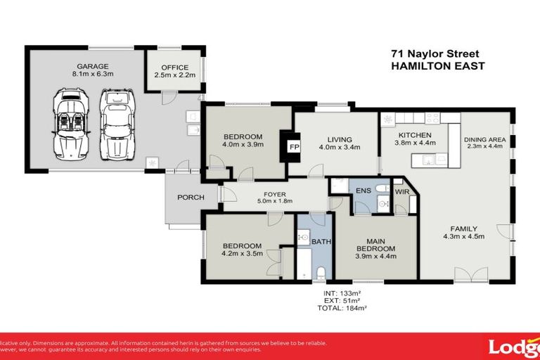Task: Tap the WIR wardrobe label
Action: (401, 191)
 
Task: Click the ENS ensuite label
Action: (364, 191)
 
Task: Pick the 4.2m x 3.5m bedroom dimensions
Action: (242, 253)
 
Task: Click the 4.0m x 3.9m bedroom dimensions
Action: (243, 145)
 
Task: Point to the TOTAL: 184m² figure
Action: (344, 308)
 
